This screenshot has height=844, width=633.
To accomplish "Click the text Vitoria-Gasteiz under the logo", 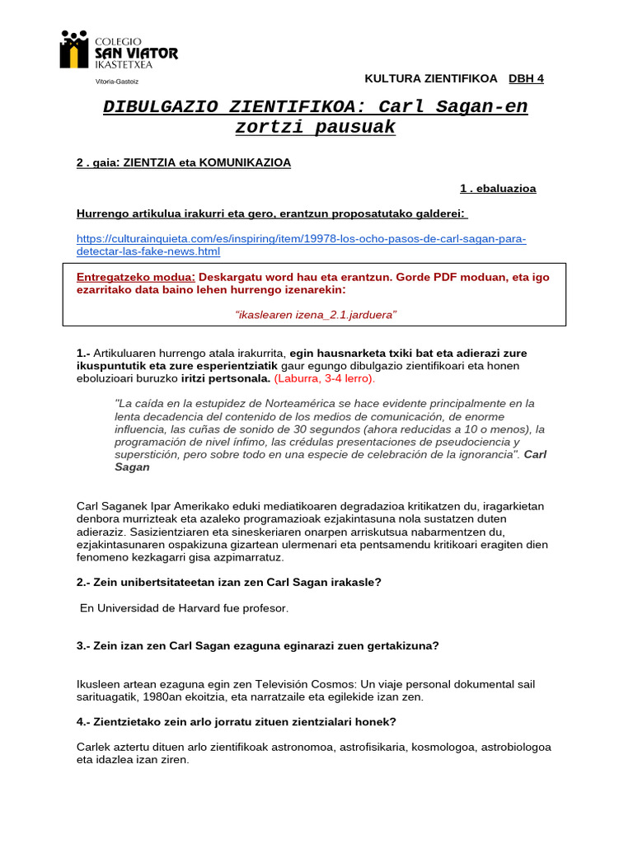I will pyautogui.click(x=118, y=82).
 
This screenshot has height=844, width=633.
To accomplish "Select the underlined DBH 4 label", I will pyautogui.click(x=526, y=78).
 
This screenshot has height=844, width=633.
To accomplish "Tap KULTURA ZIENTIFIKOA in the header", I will pyautogui.click(x=430, y=78).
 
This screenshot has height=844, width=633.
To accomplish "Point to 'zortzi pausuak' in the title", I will pyautogui.click(x=316, y=128).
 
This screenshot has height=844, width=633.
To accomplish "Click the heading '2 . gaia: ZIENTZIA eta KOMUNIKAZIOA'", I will pyautogui.click(x=183, y=163).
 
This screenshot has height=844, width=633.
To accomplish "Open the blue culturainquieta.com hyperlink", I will pyautogui.click(x=301, y=245).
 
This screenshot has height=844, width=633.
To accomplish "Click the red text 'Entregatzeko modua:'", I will pyautogui.click(x=135, y=277).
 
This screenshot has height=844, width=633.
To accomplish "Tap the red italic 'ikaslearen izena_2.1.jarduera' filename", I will pyautogui.click(x=316, y=315).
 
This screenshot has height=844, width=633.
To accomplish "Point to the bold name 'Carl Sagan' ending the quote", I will pyautogui.click(x=132, y=467).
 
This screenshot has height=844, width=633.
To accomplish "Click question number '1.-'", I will pyautogui.click(x=84, y=353).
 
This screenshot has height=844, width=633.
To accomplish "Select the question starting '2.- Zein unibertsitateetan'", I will pyautogui.click(x=228, y=583).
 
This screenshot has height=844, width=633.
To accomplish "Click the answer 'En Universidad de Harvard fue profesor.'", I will pyautogui.click(x=184, y=608).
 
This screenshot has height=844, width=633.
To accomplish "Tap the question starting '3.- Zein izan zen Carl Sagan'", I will pyautogui.click(x=257, y=645).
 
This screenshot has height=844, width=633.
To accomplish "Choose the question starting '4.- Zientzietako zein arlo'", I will pyautogui.click(x=236, y=722).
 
